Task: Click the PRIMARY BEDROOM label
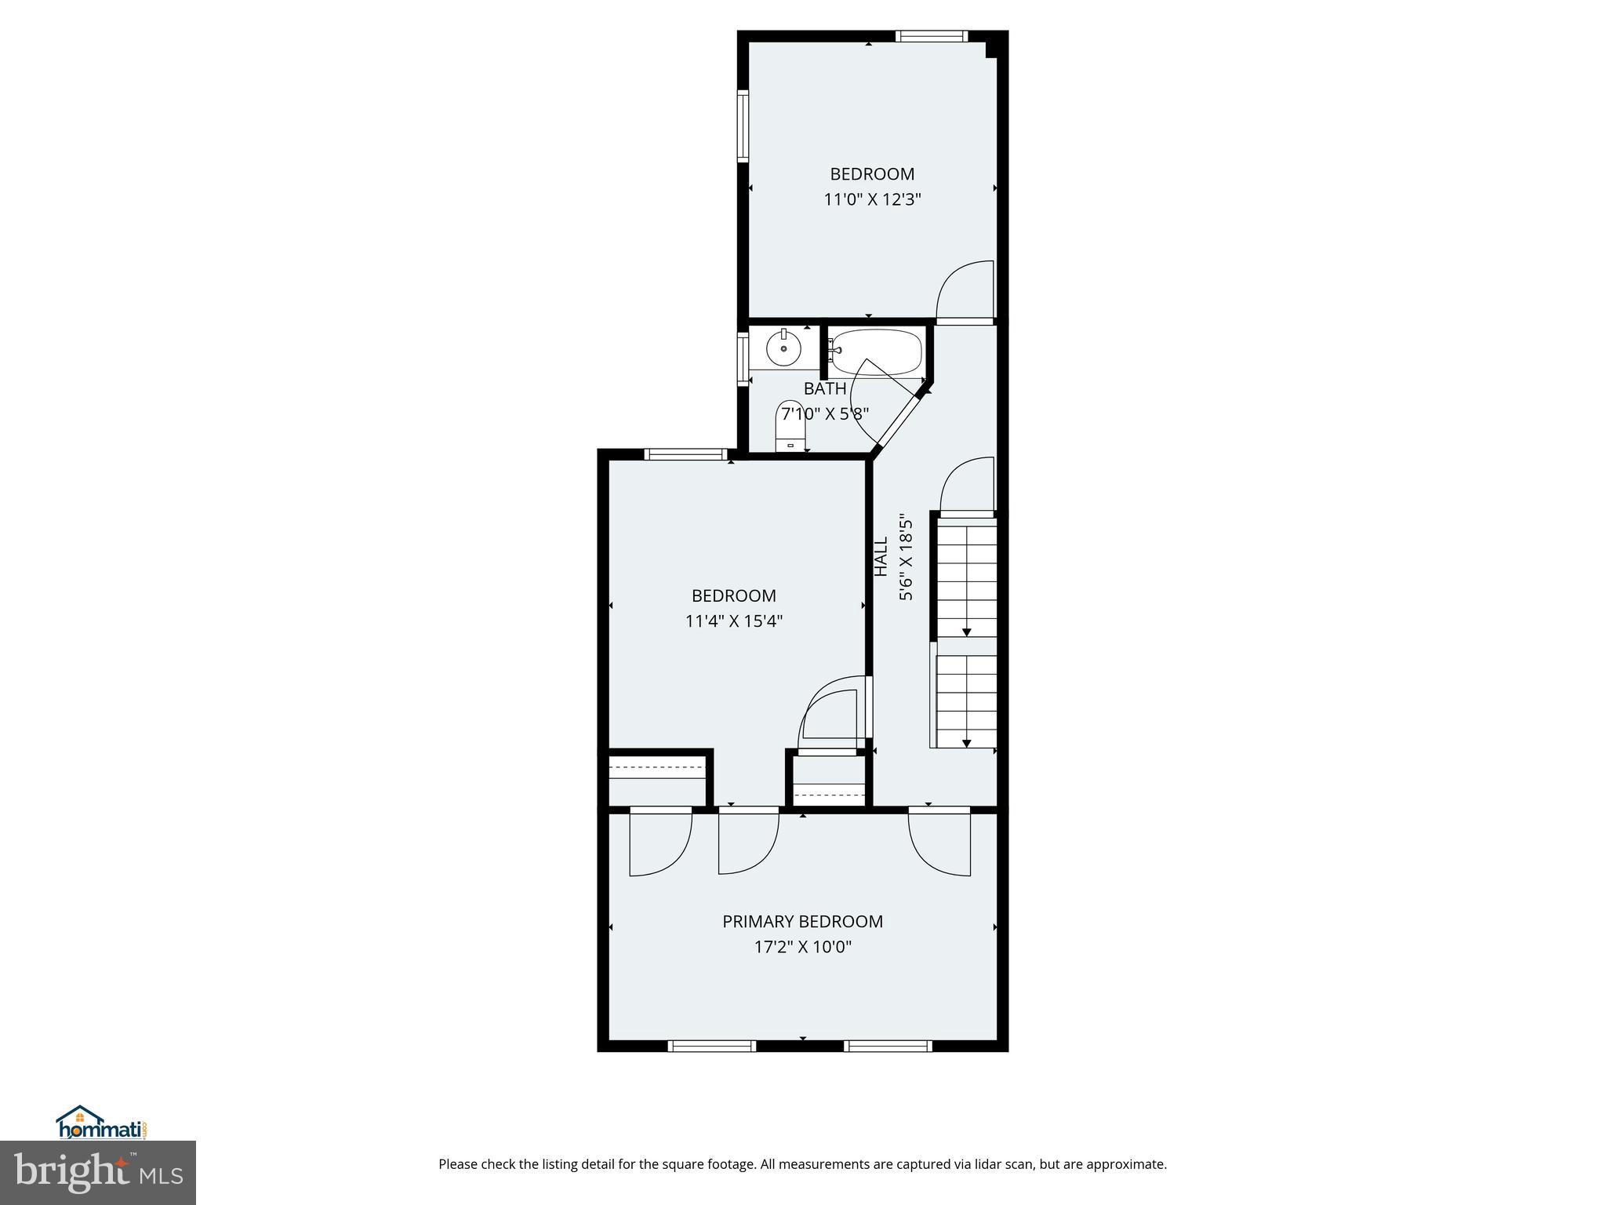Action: click(802, 921)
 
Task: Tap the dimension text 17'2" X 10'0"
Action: click(802, 947)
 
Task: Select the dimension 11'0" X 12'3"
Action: click(871, 199)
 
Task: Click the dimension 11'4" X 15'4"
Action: click(733, 621)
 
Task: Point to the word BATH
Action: click(824, 388)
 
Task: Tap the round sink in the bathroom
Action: click(783, 348)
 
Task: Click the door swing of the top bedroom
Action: click(967, 290)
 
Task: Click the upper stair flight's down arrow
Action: click(967, 631)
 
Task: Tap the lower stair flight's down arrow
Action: click(967, 741)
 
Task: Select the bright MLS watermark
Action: click(97, 1173)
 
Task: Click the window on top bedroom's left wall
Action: click(742, 126)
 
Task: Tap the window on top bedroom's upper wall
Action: click(932, 36)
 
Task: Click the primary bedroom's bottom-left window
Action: click(711, 1046)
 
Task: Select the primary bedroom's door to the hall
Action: click(939, 841)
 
